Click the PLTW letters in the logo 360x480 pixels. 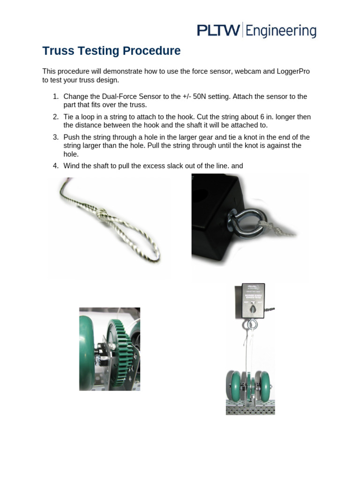[x=218, y=31]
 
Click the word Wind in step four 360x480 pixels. [x=71, y=166]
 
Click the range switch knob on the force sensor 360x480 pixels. [x=252, y=310]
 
